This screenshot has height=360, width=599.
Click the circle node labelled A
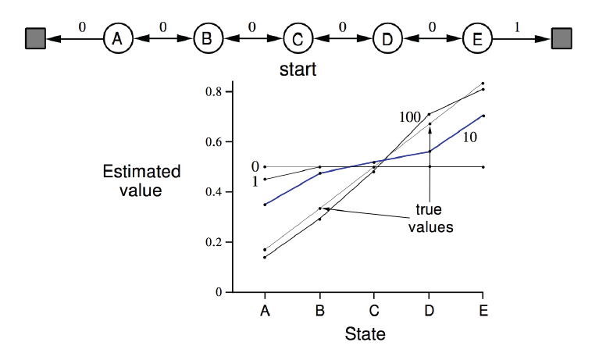[x=116, y=38]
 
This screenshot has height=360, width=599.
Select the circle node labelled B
[x=207, y=38]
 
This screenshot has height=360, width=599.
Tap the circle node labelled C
[x=297, y=38]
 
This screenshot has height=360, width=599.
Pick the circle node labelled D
[x=387, y=38]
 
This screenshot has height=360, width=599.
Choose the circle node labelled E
[x=476, y=38]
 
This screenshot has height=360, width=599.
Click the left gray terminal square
[x=34, y=38]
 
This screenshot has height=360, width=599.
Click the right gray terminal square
[x=561, y=38]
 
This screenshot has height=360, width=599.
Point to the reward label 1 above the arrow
[x=516, y=27]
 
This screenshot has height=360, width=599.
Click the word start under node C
[x=298, y=71]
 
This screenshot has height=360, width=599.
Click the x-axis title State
[x=365, y=335]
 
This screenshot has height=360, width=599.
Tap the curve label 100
[x=410, y=117]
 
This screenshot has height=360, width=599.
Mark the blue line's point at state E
[x=483, y=116]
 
